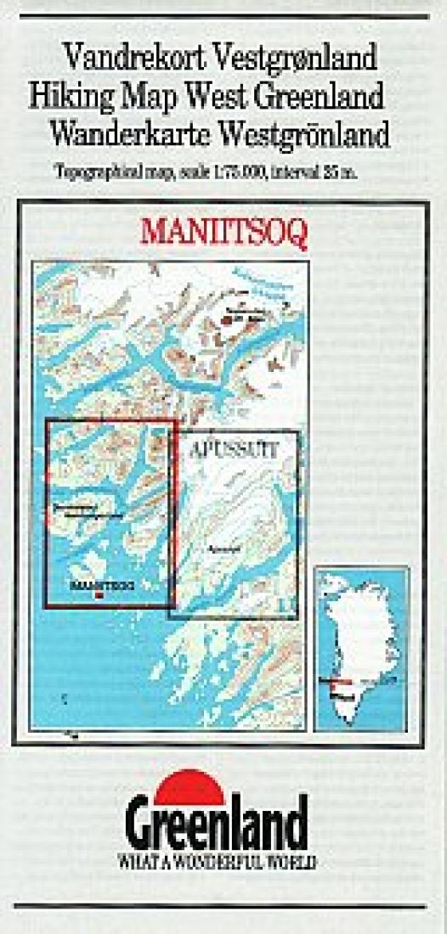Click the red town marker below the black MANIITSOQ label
102,595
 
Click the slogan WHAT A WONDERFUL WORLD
218,861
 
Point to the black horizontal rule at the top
223,16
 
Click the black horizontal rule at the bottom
223,906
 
